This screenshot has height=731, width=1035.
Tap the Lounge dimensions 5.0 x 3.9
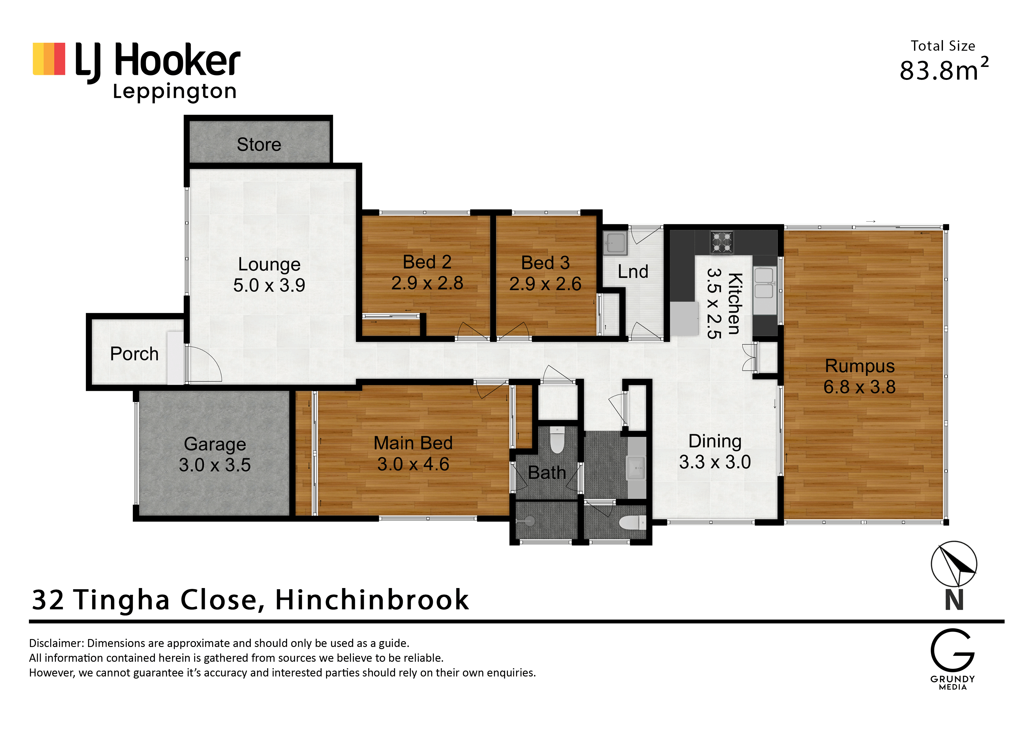(269, 285)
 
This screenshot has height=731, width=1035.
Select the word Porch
(134, 354)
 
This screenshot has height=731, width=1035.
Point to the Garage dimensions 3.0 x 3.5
(214, 465)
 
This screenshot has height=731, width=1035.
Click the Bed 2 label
(427, 262)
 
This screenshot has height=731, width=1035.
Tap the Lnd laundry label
(633, 271)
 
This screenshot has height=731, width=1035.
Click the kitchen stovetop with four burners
(722, 242)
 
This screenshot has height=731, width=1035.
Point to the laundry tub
(615, 243)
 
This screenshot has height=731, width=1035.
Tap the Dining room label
(715, 441)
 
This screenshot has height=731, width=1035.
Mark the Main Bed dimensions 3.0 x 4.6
(413, 464)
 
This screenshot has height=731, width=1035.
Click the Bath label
(547, 472)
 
